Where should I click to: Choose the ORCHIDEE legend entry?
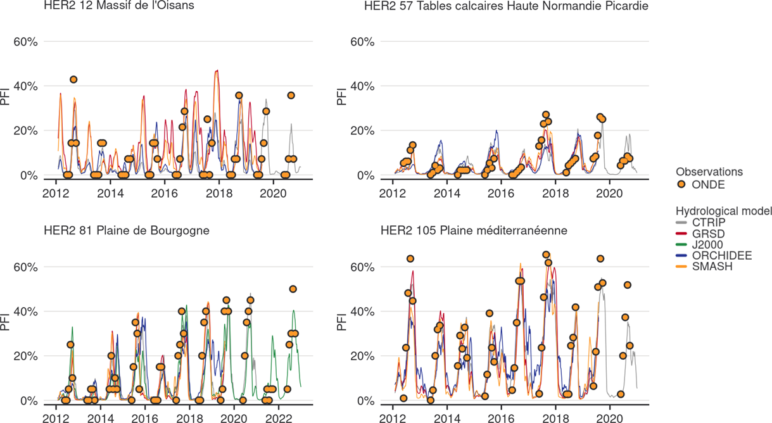(x=713, y=256)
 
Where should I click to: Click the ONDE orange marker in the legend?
(x=681, y=184)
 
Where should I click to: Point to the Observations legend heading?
(x=709, y=172)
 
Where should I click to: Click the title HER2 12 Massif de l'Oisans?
(x=118, y=6)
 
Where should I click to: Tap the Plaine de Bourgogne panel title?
(x=126, y=230)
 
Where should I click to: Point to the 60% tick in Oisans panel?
(x=26, y=42)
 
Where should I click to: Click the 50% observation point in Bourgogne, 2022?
(x=293, y=289)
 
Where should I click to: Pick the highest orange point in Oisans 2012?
(x=73, y=79)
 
